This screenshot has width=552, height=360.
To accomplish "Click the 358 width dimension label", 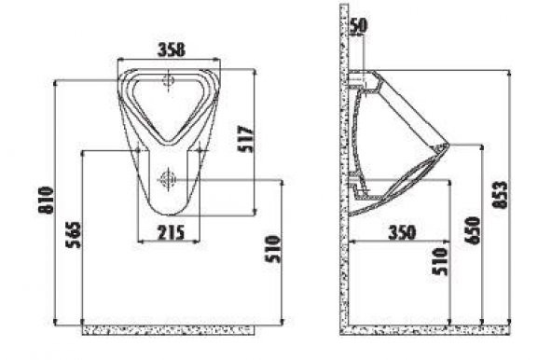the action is (x=171, y=49).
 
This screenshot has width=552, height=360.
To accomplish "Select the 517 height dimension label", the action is (x=245, y=139).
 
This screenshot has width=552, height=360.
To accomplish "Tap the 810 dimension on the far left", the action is (x=46, y=201).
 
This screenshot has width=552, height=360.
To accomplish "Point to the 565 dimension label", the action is (x=74, y=235).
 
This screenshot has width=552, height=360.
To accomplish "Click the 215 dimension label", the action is (x=171, y=232).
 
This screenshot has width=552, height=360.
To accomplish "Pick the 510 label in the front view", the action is (x=273, y=249).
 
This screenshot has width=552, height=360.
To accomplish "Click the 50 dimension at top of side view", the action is (x=358, y=26).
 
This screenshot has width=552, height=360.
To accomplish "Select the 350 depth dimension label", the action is (x=402, y=232).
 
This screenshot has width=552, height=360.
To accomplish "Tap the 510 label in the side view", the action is (x=440, y=261).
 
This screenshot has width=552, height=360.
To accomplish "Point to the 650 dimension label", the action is (x=472, y=230).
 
